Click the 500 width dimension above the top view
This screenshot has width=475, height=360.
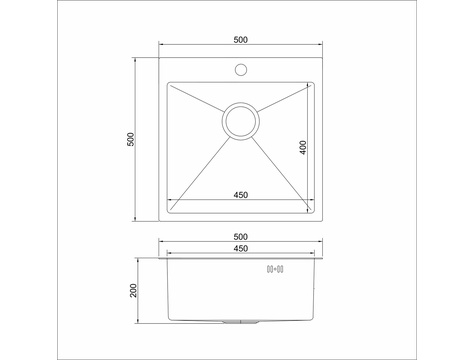[x=240, y=40]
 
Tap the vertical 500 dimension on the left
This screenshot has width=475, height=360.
[x=131, y=139]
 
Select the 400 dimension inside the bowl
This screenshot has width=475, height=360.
[x=303, y=147]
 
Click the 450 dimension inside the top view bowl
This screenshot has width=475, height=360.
[x=240, y=195]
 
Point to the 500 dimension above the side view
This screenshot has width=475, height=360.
[x=240, y=237]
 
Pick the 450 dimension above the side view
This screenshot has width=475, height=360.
[x=240, y=249]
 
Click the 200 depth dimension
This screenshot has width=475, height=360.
[x=133, y=290]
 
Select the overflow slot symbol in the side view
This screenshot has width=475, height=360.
[x=275, y=269]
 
